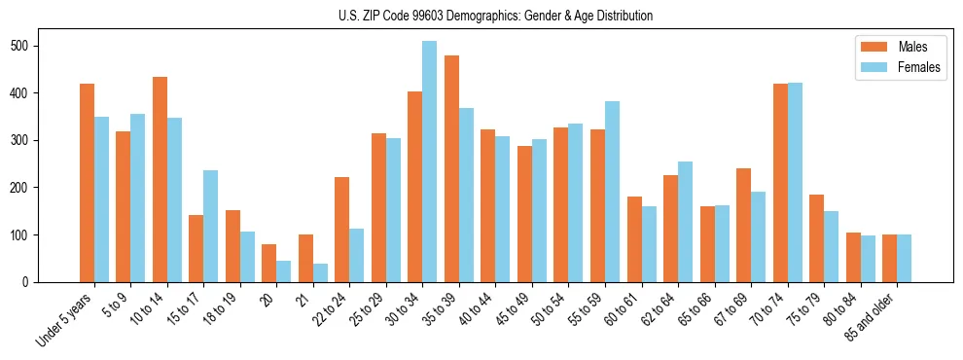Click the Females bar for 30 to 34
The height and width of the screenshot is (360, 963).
pyautogui.click(x=429, y=162)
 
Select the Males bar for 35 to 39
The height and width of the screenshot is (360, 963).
pyautogui.click(x=451, y=168)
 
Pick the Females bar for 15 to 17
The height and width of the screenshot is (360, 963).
pyautogui.click(x=210, y=226)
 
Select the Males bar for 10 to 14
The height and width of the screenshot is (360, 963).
pyautogui.click(x=160, y=179)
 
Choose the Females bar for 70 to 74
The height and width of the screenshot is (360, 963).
pyautogui.click(x=795, y=180)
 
